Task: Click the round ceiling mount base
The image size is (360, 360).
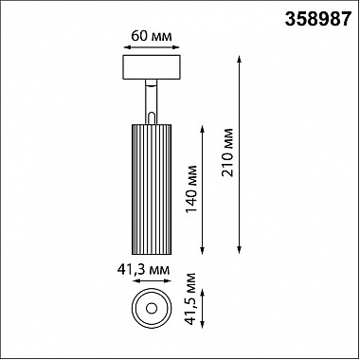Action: coord(151,68)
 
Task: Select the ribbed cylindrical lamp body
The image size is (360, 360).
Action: coord(151,185)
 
